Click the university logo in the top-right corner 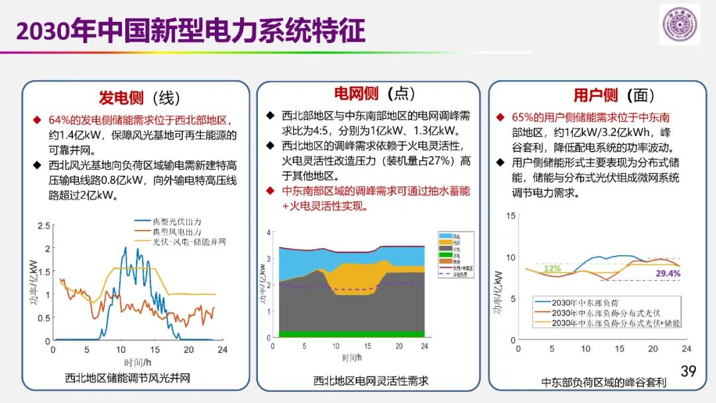click(x=680, y=25)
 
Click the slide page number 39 click(x=688, y=371)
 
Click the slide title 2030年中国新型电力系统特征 click(x=190, y=30)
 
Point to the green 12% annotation click(x=552, y=268)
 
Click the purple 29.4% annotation click(x=668, y=273)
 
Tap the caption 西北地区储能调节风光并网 click(x=127, y=378)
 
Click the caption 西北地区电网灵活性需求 click(x=371, y=380)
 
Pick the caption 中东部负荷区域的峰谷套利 click(x=603, y=382)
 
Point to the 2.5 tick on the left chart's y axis click(x=43, y=226)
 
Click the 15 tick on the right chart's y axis click(x=510, y=215)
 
